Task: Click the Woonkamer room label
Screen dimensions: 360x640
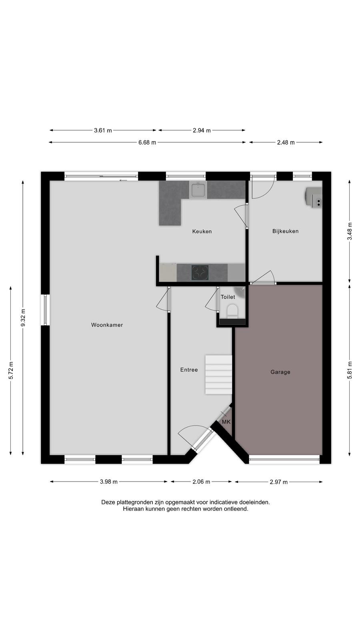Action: pos(107,325)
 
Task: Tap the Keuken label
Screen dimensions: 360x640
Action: pos(202,232)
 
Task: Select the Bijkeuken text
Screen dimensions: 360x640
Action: pos(286,231)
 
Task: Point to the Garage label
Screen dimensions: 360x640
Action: pos(280,372)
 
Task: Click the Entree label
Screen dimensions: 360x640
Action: pos(189,370)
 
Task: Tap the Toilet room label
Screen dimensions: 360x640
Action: pos(228,297)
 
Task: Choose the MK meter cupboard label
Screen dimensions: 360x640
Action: pos(226,422)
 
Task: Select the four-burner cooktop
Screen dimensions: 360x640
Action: pos(200,272)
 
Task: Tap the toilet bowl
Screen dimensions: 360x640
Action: pos(232,311)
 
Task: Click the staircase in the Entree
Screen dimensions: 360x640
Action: pos(218,375)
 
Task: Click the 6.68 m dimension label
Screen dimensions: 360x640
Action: pos(147,142)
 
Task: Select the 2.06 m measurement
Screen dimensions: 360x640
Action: pos(201,482)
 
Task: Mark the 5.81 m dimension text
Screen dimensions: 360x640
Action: pos(350,370)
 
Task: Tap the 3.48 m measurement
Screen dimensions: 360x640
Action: pos(350,231)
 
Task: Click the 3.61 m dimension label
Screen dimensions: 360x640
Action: pos(103,130)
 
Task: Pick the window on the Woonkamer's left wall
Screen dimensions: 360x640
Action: pos(46,310)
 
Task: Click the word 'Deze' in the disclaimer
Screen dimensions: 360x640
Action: pos(108,502)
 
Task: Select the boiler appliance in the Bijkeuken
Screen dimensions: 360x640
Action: pos(313,196)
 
